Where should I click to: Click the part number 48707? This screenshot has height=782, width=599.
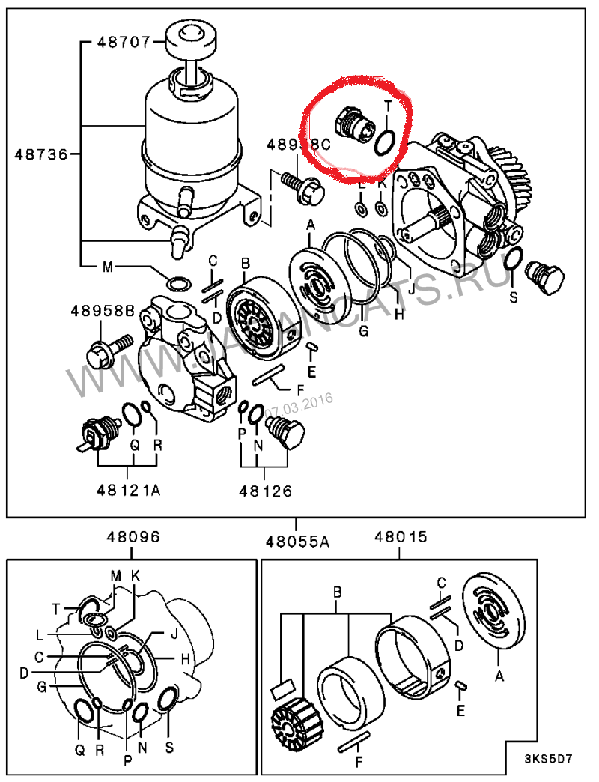pos(124,42)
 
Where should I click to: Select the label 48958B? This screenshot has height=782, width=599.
pos(103,310)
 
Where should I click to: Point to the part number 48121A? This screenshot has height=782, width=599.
pos(128,491)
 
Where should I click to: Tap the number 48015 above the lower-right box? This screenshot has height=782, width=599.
pos(401,537)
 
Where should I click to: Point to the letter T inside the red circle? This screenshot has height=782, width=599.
pos(387,106)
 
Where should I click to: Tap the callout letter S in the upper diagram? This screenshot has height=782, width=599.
pos(514,297)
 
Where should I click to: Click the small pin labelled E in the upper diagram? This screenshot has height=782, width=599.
pos(312,347)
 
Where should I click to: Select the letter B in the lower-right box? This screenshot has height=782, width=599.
pos(337,592)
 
